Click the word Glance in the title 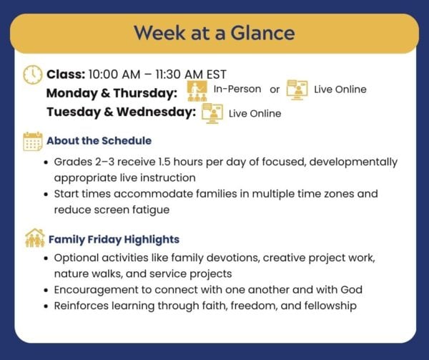point(262,33)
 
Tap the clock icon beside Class point(33,74)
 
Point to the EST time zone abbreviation point(217,74)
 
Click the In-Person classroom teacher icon point(197,91)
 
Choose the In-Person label point(237,89)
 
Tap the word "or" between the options point(275,89)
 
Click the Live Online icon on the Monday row point(297,90)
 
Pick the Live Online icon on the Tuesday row point(212,114)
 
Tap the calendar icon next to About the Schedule point(33,141)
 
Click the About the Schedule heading point(99,141)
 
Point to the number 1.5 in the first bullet point(164,162)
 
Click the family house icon point(35,238)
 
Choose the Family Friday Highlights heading point(114,240)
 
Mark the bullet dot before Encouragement point(46,291)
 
